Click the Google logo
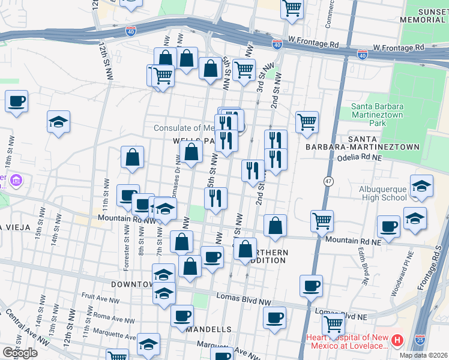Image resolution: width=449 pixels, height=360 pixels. click(x=20, y=353)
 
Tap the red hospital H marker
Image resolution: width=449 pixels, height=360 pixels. click(x=397, y=341)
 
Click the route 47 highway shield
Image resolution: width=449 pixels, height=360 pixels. click(x=328, y=181)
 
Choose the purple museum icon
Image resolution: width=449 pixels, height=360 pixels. click(x=16, y=181)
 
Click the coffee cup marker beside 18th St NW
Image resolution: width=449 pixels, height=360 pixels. click(x=17, y=101)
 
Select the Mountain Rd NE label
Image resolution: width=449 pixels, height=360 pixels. click(x=354, y=240)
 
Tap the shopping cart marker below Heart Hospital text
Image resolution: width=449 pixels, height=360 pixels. click(x=333, y=325)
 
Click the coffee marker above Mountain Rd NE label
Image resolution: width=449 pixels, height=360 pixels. click(x=388, y=227)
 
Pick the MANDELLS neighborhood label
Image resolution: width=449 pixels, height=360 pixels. click(x=208, y=330)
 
